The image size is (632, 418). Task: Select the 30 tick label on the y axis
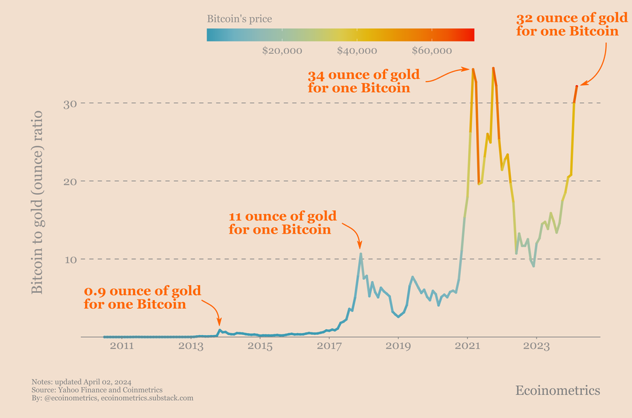(x=70, y=103)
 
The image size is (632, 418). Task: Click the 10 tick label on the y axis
(x=70, y=259)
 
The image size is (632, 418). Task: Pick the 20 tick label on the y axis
(x=70, y=181)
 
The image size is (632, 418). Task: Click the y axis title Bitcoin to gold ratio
(x=38, y=202)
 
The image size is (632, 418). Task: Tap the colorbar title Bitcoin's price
(x=239, y=19)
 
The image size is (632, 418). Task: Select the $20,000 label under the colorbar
(x=282, y=51)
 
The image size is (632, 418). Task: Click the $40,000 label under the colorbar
(x=357, y=51)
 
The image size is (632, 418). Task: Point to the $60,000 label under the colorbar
(x=432, y=51)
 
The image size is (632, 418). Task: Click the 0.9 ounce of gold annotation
(x=142, y=298)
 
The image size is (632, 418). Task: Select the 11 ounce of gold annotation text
(x=282, y=222)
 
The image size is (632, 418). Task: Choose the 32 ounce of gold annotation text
(x=567, y=24)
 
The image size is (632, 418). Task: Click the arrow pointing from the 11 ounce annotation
(x=352, y=234)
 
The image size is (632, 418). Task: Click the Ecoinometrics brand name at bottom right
(x=558, y=390)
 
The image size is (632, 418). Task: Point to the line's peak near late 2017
(x=361, y=253)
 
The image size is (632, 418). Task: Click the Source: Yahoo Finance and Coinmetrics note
(x=97, y=390)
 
